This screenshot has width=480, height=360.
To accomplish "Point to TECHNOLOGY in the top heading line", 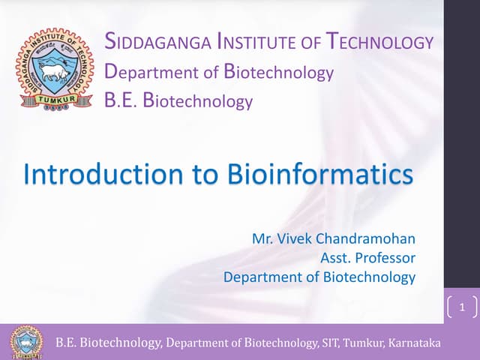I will [380, 42].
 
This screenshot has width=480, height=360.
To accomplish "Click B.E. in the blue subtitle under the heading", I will [124, 100].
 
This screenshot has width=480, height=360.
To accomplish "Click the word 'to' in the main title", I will [198, 174].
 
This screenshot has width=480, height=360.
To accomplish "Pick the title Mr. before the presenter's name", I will [262, 240].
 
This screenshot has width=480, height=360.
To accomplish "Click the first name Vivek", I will [294, 240].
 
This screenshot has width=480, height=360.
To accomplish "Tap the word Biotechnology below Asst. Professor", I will [369, 277].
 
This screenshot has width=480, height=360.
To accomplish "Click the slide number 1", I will [462, 307].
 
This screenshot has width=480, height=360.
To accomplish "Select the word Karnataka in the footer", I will [415, 343].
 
